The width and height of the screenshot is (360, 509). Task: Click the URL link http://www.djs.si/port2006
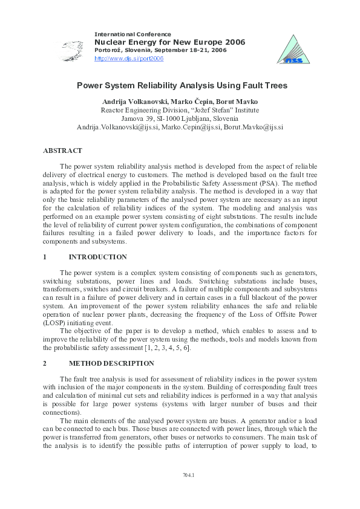tap(129, 59)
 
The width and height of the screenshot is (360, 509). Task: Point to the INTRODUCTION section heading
tap(97, 257)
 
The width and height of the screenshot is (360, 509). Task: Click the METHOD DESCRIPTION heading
tap(111, 363)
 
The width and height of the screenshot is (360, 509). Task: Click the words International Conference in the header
tap(133, 34)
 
